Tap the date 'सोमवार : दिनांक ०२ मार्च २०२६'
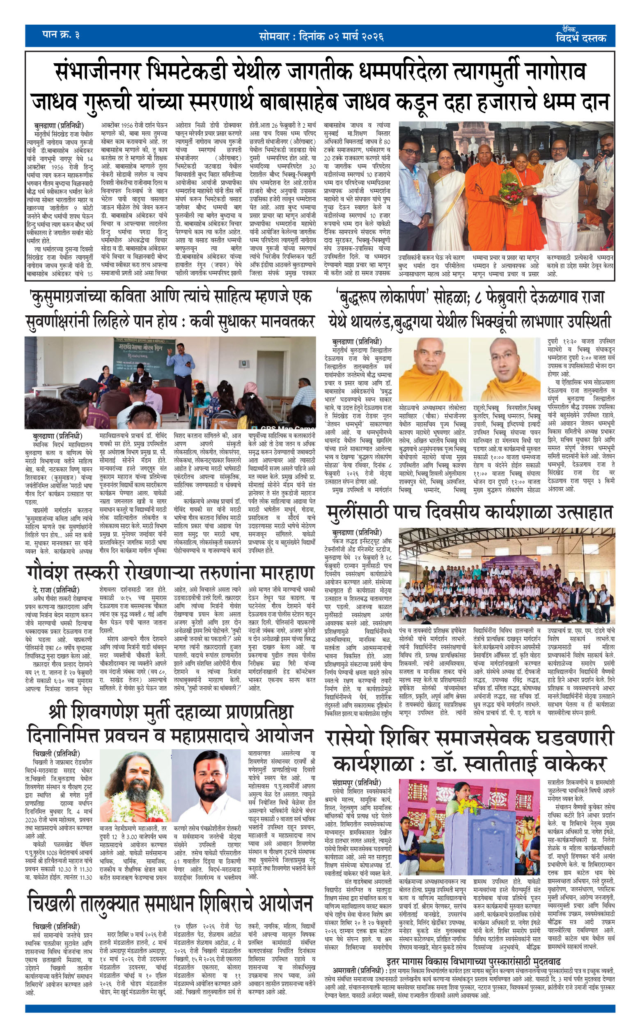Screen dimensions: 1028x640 click(321, 37)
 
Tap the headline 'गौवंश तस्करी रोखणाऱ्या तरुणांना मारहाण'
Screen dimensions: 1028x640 click(170, 573)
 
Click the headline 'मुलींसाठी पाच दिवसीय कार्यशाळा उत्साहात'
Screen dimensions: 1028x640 click(470, 512)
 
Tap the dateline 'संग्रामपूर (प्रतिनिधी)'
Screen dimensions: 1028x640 click(356, 782)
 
